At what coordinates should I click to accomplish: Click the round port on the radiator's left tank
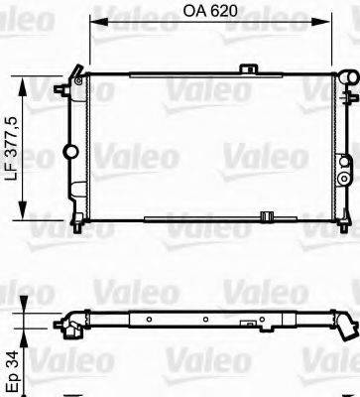click(69, 152)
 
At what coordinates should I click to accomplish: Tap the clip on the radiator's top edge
click(248, 71)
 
